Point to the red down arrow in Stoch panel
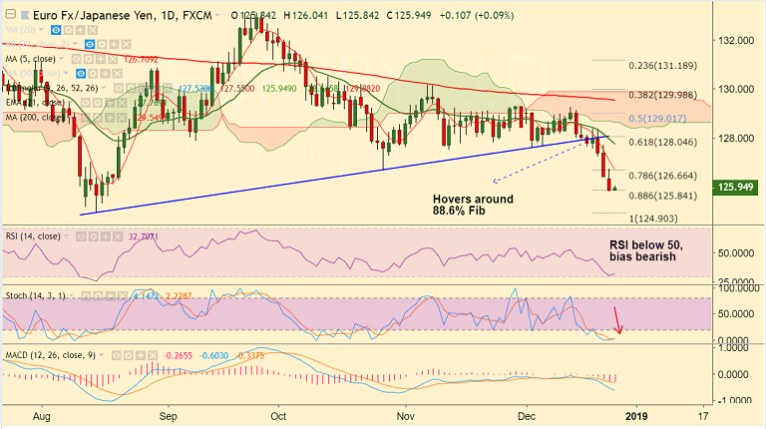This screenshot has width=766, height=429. [x=619, y=320]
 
